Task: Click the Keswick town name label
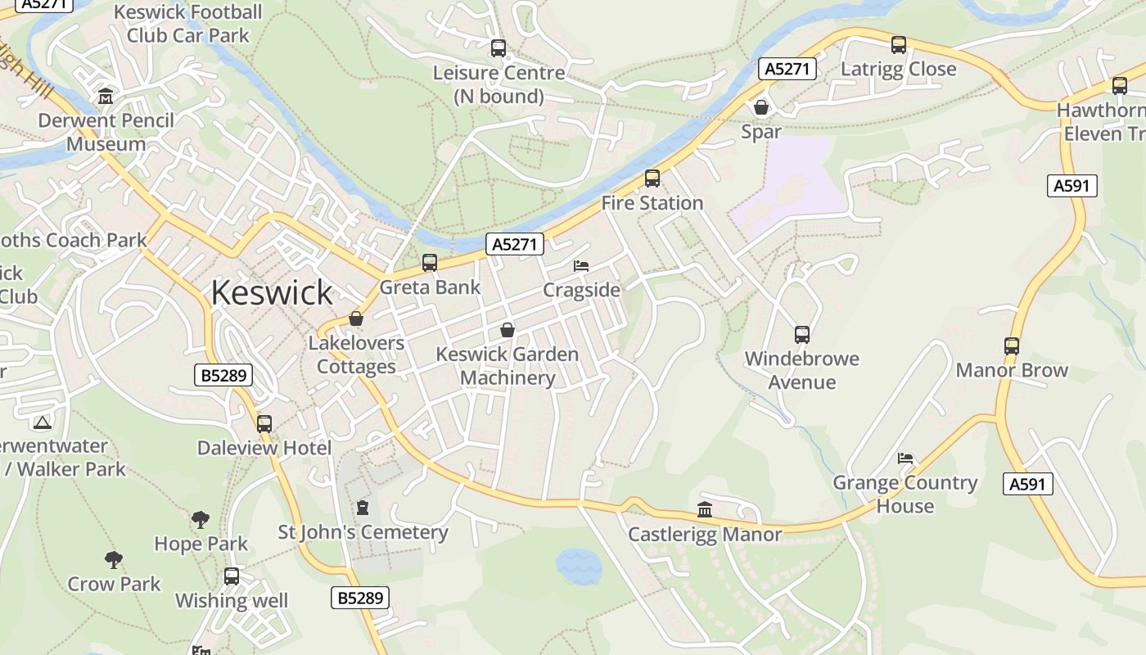click(x=272, y=292)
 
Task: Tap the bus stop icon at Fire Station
click(x=652, y=178)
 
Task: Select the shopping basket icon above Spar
click(x=761, y=107)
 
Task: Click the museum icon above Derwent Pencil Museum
click(x=106, y=97)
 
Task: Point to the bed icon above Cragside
click(x=581, y=266)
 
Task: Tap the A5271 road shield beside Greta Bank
click(x=515, y=243)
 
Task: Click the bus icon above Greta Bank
click(x=430, y=263)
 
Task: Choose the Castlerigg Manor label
click(x=705, y=535)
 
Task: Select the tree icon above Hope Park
click(x=201, y=519)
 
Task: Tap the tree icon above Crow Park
click(x=114, y=560)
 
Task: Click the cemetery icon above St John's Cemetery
click(x=363, y=508)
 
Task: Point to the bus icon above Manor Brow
click(x=1012, y=346)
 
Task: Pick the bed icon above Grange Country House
click(x=905, y=458)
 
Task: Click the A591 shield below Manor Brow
click(x=1027, y=484)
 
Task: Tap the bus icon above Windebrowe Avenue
click(x=802, y=335)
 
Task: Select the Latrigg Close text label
click(x=899, y=69)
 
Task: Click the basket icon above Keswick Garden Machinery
click(x=508, y=330)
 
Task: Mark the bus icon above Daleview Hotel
click(x=264, y=424)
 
